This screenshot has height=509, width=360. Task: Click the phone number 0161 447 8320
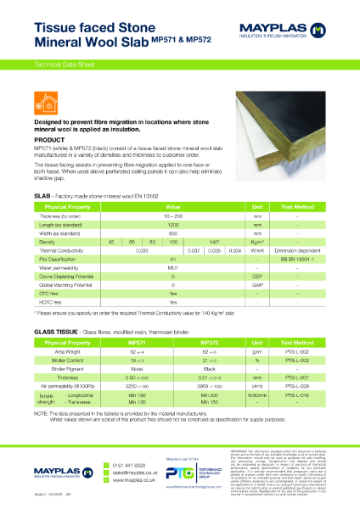126,465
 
